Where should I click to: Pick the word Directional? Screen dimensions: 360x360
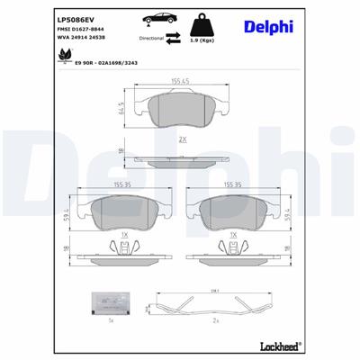tap(151, 40)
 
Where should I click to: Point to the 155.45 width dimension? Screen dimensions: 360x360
tap(180, 81)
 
